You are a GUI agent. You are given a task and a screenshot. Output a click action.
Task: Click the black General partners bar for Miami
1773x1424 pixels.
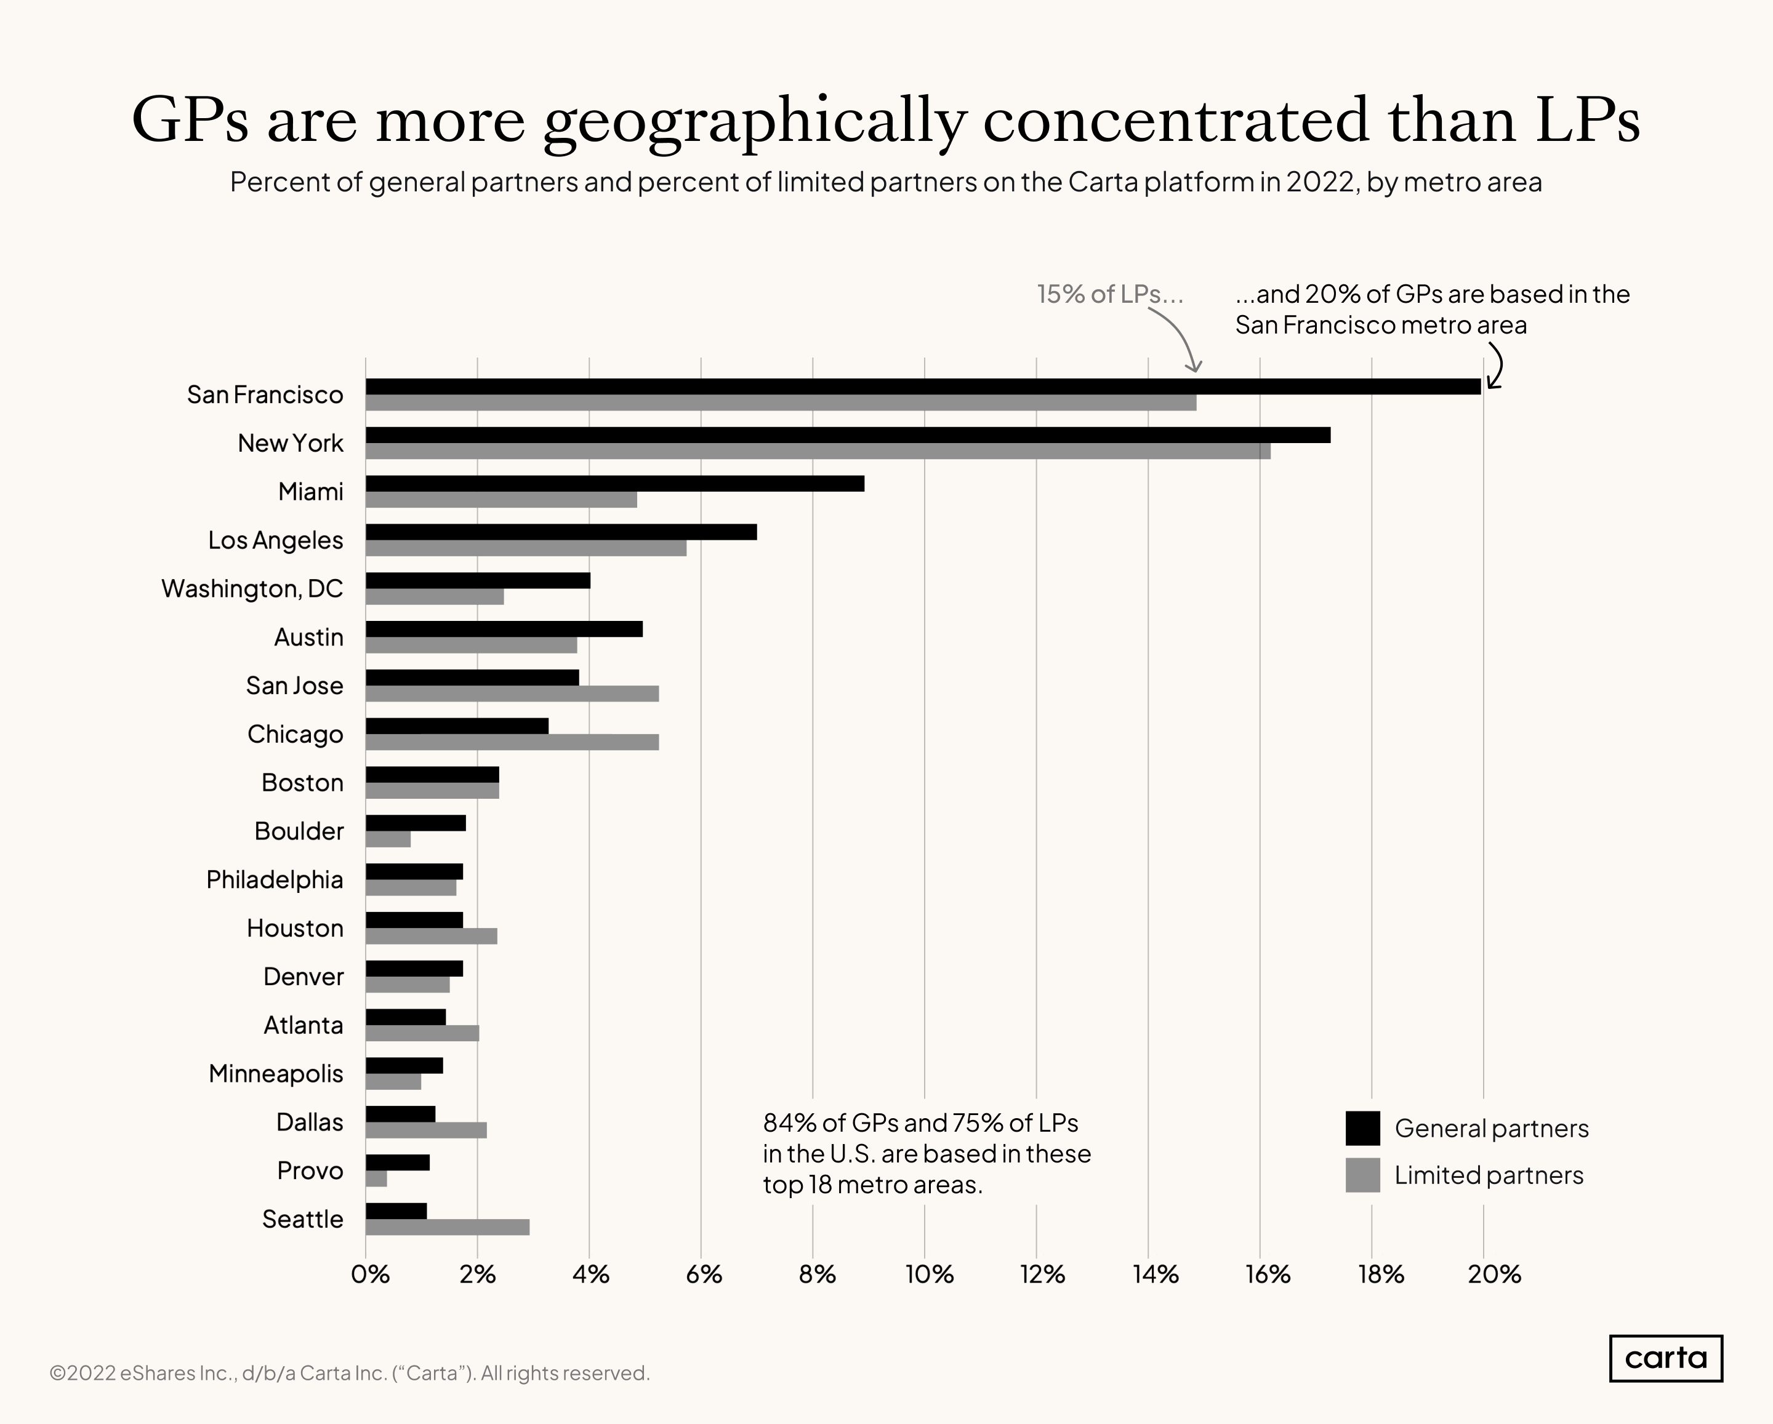tap(614, 484)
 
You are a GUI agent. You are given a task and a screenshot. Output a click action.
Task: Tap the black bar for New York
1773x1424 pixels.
tap(847, 435)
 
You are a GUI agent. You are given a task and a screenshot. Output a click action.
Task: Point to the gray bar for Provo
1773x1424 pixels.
tap(376, 1179)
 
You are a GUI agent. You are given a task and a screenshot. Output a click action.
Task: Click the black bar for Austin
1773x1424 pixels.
tap(504, 629)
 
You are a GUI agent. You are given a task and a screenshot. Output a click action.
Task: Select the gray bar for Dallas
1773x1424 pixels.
tap(426, 1130)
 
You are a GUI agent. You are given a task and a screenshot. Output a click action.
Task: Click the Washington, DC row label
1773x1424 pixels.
tap(252, 589)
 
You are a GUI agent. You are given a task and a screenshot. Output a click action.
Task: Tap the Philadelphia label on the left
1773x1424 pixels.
tap(274, 880)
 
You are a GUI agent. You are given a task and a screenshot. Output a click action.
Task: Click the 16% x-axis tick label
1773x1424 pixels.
tap(1267, 1274)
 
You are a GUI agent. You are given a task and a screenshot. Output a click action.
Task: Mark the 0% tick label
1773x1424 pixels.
tap(369, 1274)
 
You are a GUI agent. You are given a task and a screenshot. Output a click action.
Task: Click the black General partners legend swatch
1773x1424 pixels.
tap(1362, 1128)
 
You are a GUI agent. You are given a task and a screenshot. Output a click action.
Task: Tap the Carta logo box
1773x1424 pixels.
tap(1665, 1358)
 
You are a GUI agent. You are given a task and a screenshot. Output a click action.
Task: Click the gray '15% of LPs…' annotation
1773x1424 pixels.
tap(1109, 294)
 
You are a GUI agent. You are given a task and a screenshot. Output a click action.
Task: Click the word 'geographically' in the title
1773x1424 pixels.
tap(754, 121)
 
